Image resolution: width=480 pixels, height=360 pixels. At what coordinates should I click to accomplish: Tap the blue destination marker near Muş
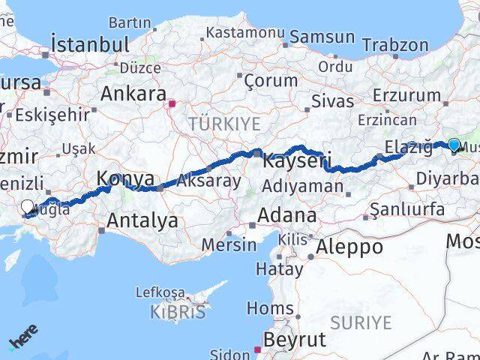pyautogui.click(x=454, y=144)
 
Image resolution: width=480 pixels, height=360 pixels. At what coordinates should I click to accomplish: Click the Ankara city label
pyautogui.click(x=133, y=94)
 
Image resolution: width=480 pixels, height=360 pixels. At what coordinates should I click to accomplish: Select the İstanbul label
pyautogui.click(x=90, y=43)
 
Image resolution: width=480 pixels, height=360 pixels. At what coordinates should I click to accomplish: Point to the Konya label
pyautogui.click(x=125, y=179)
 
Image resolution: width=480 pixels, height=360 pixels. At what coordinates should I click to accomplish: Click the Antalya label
pyautogui.click(x=142, y=220)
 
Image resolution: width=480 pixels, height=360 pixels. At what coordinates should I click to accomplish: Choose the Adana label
pyautogui.click(x=286, y=215)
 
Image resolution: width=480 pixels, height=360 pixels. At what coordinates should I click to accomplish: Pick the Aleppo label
pyautogui.click(x=349, y=247)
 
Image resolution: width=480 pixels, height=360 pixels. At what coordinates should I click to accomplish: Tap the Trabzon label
pyautogui.click(x=395, y=44)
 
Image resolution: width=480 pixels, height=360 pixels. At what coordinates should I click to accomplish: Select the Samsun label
pyautogui.click(x=322, y=37)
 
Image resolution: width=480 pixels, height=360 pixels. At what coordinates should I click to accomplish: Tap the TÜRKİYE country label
pyautogui.click(x=224, y=124)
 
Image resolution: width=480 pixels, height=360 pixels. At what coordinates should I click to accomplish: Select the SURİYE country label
pyautogui.click(x=362, y=323)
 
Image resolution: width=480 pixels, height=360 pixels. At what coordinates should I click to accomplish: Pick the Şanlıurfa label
pyautogui.click(x=408, y=209)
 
